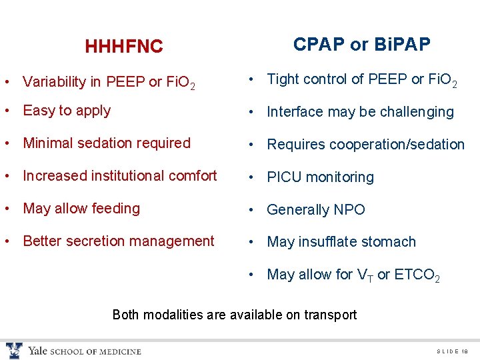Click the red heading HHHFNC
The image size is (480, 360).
click(x=123, y=47)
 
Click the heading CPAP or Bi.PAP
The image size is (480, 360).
click(x=361, y=45)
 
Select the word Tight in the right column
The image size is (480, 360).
click(x=283, y=79)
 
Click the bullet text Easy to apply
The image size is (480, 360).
click(x=67, y=111)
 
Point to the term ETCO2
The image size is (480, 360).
click(x=416, y=275)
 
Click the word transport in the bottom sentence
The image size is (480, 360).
click(x=328, y=315)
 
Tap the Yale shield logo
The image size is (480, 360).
click(x=14, y=351)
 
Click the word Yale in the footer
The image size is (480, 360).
click(x=37, y=351)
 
